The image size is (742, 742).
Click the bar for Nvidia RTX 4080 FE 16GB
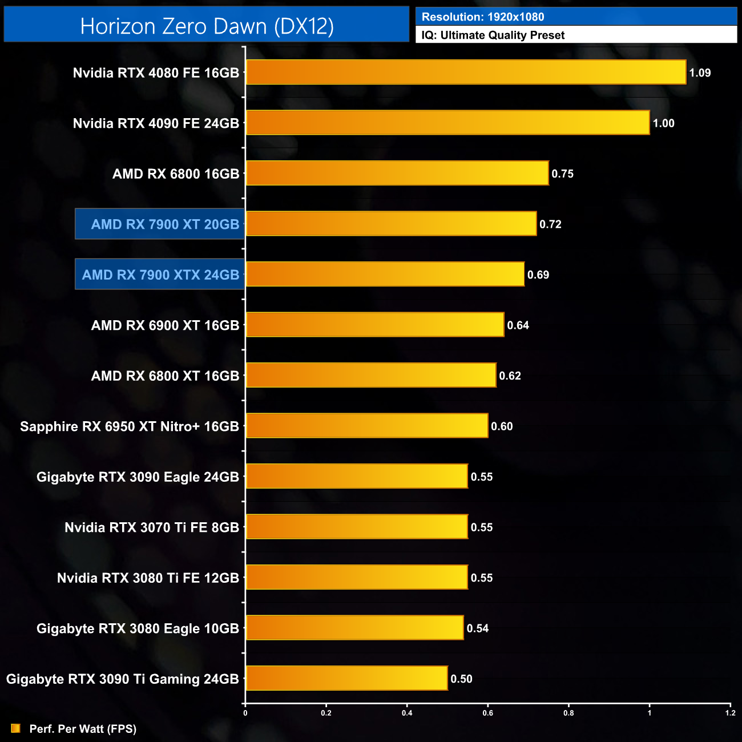(x=466, y=72)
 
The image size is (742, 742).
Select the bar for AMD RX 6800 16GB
(x=397, y=174)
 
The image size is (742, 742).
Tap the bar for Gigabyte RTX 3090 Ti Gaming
(x=346, y=679)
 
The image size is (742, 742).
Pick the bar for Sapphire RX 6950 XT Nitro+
(x=367, y=426)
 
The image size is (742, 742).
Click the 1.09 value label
(x=700, y=73)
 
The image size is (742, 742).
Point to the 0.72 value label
(x=550, y=224)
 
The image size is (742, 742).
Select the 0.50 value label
(x=461, y=679)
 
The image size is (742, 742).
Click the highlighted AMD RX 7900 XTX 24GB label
(x=160, y=275)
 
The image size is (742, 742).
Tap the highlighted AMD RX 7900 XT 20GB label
(x=165, y=224)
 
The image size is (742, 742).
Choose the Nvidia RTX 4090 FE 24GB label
(x=156, y=123)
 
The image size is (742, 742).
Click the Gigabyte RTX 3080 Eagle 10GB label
(x=138, y=628)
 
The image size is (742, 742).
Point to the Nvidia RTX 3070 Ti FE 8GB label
(x=152, y=527)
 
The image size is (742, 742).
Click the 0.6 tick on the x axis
(x=488, y=713)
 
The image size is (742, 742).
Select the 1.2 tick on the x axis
(x=730, y=713)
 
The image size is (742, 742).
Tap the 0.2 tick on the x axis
(x=326, y=713)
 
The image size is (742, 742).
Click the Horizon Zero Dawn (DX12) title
(x=207, y=26)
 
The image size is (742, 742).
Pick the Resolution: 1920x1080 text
(x=483, y=17)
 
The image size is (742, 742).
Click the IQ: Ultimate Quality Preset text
(x=493, y=35)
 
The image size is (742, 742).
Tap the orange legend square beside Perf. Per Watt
(x=15, y=728)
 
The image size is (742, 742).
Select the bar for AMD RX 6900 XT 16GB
(x=375, y=325)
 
